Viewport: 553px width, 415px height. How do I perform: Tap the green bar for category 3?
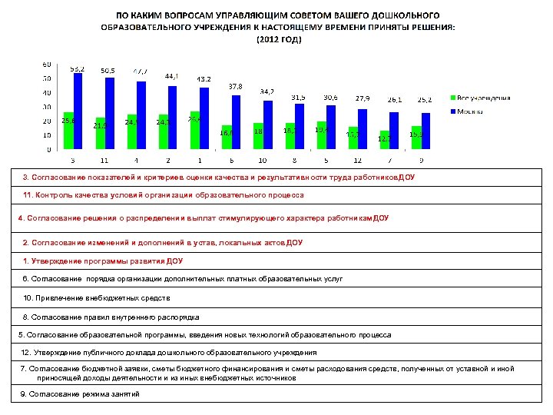pyautogui.click(x=68, y=131)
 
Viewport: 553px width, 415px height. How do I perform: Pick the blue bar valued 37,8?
pyautogui.click(x=235, y=122)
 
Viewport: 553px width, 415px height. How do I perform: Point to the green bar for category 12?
pyautogui.click(x=353, y=138)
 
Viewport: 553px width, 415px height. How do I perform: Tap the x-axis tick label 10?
pyautogui.click(x=262, y=161)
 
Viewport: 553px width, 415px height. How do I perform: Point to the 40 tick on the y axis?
pyautogui.click(x=47, y=92)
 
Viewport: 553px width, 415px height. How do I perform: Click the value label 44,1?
pyautogui.click(x=172, y=76)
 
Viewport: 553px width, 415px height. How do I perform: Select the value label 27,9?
pyautogui.click(x=361, y=98)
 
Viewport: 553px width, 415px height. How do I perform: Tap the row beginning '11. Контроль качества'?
pyautogui.click(x=163, y=195)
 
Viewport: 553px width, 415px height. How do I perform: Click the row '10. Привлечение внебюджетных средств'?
pyautogui.click(x=97, y=297)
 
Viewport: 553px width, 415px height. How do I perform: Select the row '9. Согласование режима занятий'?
pyautogui.click(x=80, y=394)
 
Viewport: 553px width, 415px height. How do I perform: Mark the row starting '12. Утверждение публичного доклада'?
pyautogui.click(x=169, y=353)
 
